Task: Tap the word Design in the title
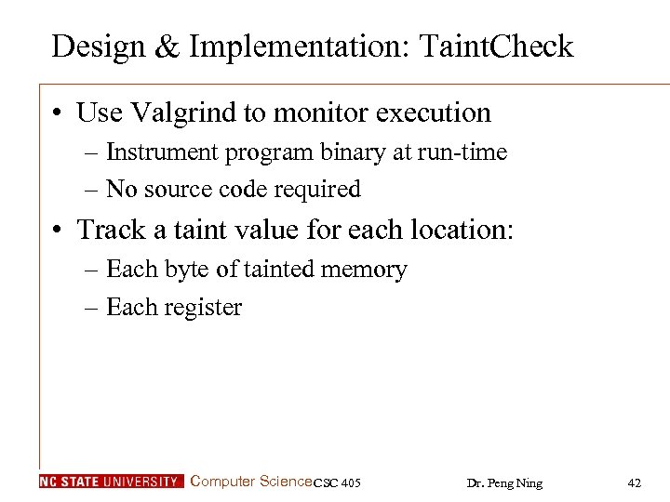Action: (x=99, y=46)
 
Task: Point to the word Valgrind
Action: (x=173, y=113)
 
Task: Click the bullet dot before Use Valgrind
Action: (x=59, y=113)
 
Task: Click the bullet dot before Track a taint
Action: (x=59, y=229)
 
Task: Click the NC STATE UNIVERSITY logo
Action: (x=111, y=482)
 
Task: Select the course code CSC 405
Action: (x=337, y=482)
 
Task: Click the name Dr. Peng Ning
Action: (x=503, y=482)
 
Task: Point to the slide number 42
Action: (x=635, y=482)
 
